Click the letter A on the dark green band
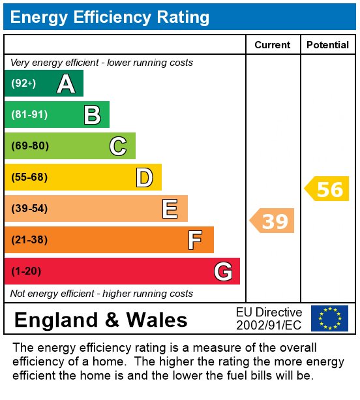[x=66, y=84]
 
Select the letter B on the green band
[x=92, y=115]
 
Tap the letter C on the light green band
[x=118, y=146]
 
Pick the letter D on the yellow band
[x=144, y=177]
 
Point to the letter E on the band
[x=170, y=209]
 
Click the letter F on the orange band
[x=195, y=240]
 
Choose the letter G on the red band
[x=222, y=271]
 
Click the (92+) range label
[x=23, y=84]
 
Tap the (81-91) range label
[x=29, y=115]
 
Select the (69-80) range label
[x=30, y=146]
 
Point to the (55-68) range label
[x=30, y=177]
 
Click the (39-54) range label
[x=30, y=209]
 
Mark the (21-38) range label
[x=30, y=240]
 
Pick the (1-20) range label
[x=26, y=271]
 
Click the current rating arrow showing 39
[x=273, y=221]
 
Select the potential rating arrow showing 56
[x=327, y=189]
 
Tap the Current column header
[x=273, y=45]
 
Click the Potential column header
[x=327, y=45]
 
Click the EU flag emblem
[x=329, y=318]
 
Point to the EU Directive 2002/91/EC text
[x=269, y=318]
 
